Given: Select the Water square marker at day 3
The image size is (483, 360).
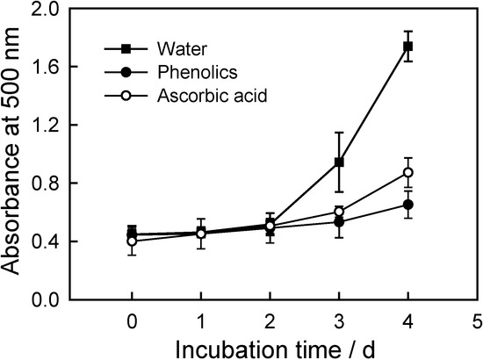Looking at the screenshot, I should click(x=339, y=162).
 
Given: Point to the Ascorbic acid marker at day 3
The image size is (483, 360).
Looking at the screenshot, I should click(x=339, y=212).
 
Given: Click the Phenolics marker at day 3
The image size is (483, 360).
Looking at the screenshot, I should click(x=339, y=222).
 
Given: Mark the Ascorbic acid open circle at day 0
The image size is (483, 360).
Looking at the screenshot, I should click(x=132, y=241).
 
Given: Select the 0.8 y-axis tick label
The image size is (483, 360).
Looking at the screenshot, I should click(x=69, y=184).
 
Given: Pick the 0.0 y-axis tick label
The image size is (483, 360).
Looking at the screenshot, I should click(x=69, y=299).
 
